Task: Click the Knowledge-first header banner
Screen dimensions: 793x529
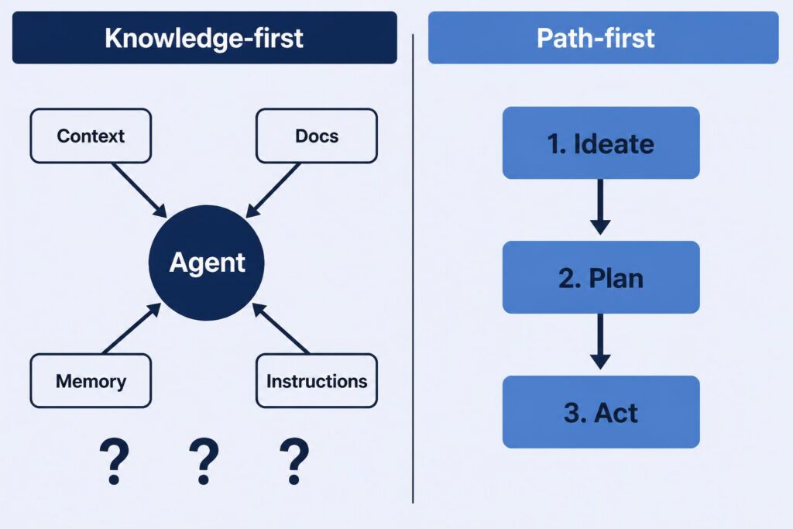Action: pyautogui.click(x=204, y=37)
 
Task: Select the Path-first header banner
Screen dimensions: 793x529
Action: pyautogui.click(x=603, y=37)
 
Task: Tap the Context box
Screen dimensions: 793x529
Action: pyautogui.click(x=91, y=136)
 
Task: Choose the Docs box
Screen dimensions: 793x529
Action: pyautogui.click(x=317, y=136)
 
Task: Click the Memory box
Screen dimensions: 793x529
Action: pyautogui.click(x=91, y=381)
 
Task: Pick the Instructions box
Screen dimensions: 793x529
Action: pyautogui.click(x=317, y=381)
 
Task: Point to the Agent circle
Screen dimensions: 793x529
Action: pyautogui.click(x=206, y=263)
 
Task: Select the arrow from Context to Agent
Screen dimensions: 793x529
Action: pyautogui.click(x=139, y=191)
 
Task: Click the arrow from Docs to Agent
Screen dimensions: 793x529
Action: pyautogui.click(x=273, y=191)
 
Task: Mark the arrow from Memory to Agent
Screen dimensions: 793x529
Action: pyautogui.click(x=132, y=328)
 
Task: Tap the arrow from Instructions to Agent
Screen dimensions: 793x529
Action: pyautogui.click(x=280, y=328)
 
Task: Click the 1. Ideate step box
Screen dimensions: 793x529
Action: pyautogui.click(x=601, y=143)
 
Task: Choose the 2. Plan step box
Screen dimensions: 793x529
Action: pyautogui.click(x=601, y=277)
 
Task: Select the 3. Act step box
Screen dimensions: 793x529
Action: pyautogui.click(x=601, y=412)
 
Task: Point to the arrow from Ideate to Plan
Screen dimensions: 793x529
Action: pyautogui.click(x=600, y=207)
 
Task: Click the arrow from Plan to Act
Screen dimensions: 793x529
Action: pyautogui.click(x=600, y=342)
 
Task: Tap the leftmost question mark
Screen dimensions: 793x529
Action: pyautogui.click(x=115, y=462)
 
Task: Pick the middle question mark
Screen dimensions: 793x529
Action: pyautogui.click(x=204, y=462)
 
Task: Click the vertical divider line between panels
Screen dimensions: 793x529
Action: pyautogui.click(x=413, y=269)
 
